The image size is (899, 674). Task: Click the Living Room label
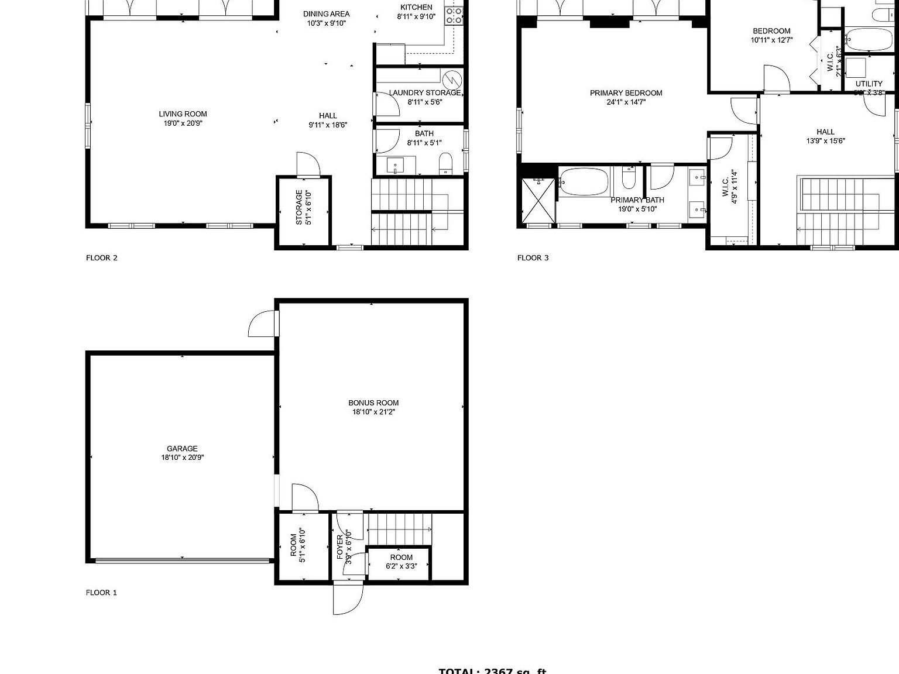pos(183,119)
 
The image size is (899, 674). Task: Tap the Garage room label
pos(183,453)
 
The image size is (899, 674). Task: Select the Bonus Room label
pos(373,407)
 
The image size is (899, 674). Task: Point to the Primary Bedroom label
pos(626,97)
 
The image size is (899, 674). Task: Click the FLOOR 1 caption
pos(101,593)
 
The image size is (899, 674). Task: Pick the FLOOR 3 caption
pos(533,258)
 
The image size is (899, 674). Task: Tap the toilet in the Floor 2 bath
pos(446,164)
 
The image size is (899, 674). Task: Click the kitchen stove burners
pos(454,15)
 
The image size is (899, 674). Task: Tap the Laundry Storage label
pos(425,97)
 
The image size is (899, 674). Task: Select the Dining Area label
pos(326,18)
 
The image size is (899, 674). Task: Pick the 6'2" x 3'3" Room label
pos(401,562)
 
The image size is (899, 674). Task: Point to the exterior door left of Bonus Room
pos(263,324)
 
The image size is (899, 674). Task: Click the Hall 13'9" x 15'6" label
pos(825,136)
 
